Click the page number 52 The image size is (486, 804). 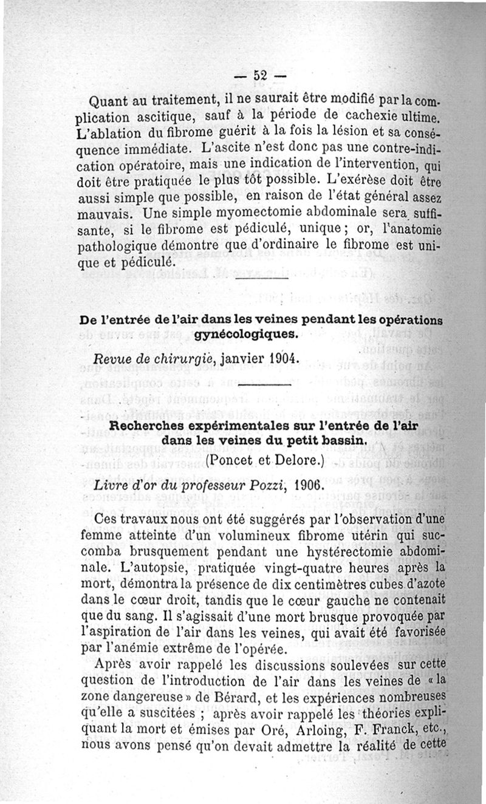(261, 76)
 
